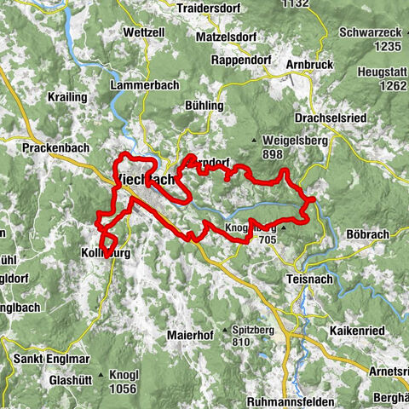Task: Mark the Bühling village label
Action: pyautogui.click(x=204, y=106)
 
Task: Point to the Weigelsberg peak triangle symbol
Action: pyautogui.click(x=254, y=141)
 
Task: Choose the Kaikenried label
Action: pyautogui.click(x=349, y=328)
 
